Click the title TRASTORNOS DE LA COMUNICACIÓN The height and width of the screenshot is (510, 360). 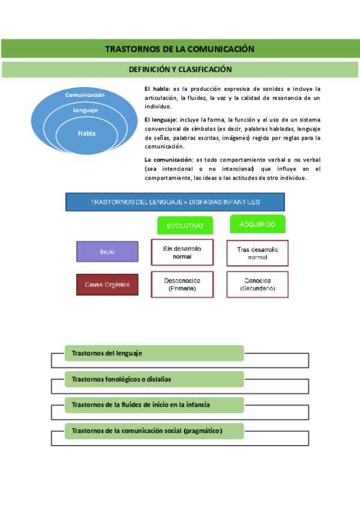tap(180, 49)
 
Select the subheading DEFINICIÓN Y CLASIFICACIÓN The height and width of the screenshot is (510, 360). tap(180, 69)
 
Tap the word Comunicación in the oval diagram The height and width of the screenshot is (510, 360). tap(85, 95)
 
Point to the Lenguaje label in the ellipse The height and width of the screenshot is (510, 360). tap(85, 110)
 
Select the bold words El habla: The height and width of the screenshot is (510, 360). tap(157, 89)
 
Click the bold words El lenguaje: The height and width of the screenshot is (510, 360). tap(161, 121)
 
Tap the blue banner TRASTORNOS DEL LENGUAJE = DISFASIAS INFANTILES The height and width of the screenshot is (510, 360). tap(175, 202)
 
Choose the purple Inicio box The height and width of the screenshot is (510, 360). tap(108, 251)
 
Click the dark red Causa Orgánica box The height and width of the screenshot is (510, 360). tap(108, 284)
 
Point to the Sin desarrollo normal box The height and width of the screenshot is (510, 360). tap(182, 252)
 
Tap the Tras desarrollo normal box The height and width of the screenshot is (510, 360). tap(257, 253)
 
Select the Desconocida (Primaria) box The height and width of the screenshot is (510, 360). tap(182, 284)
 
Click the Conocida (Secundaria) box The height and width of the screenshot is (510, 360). tap(257, 284)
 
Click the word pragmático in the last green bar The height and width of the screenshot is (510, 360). tap(203, 431)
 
